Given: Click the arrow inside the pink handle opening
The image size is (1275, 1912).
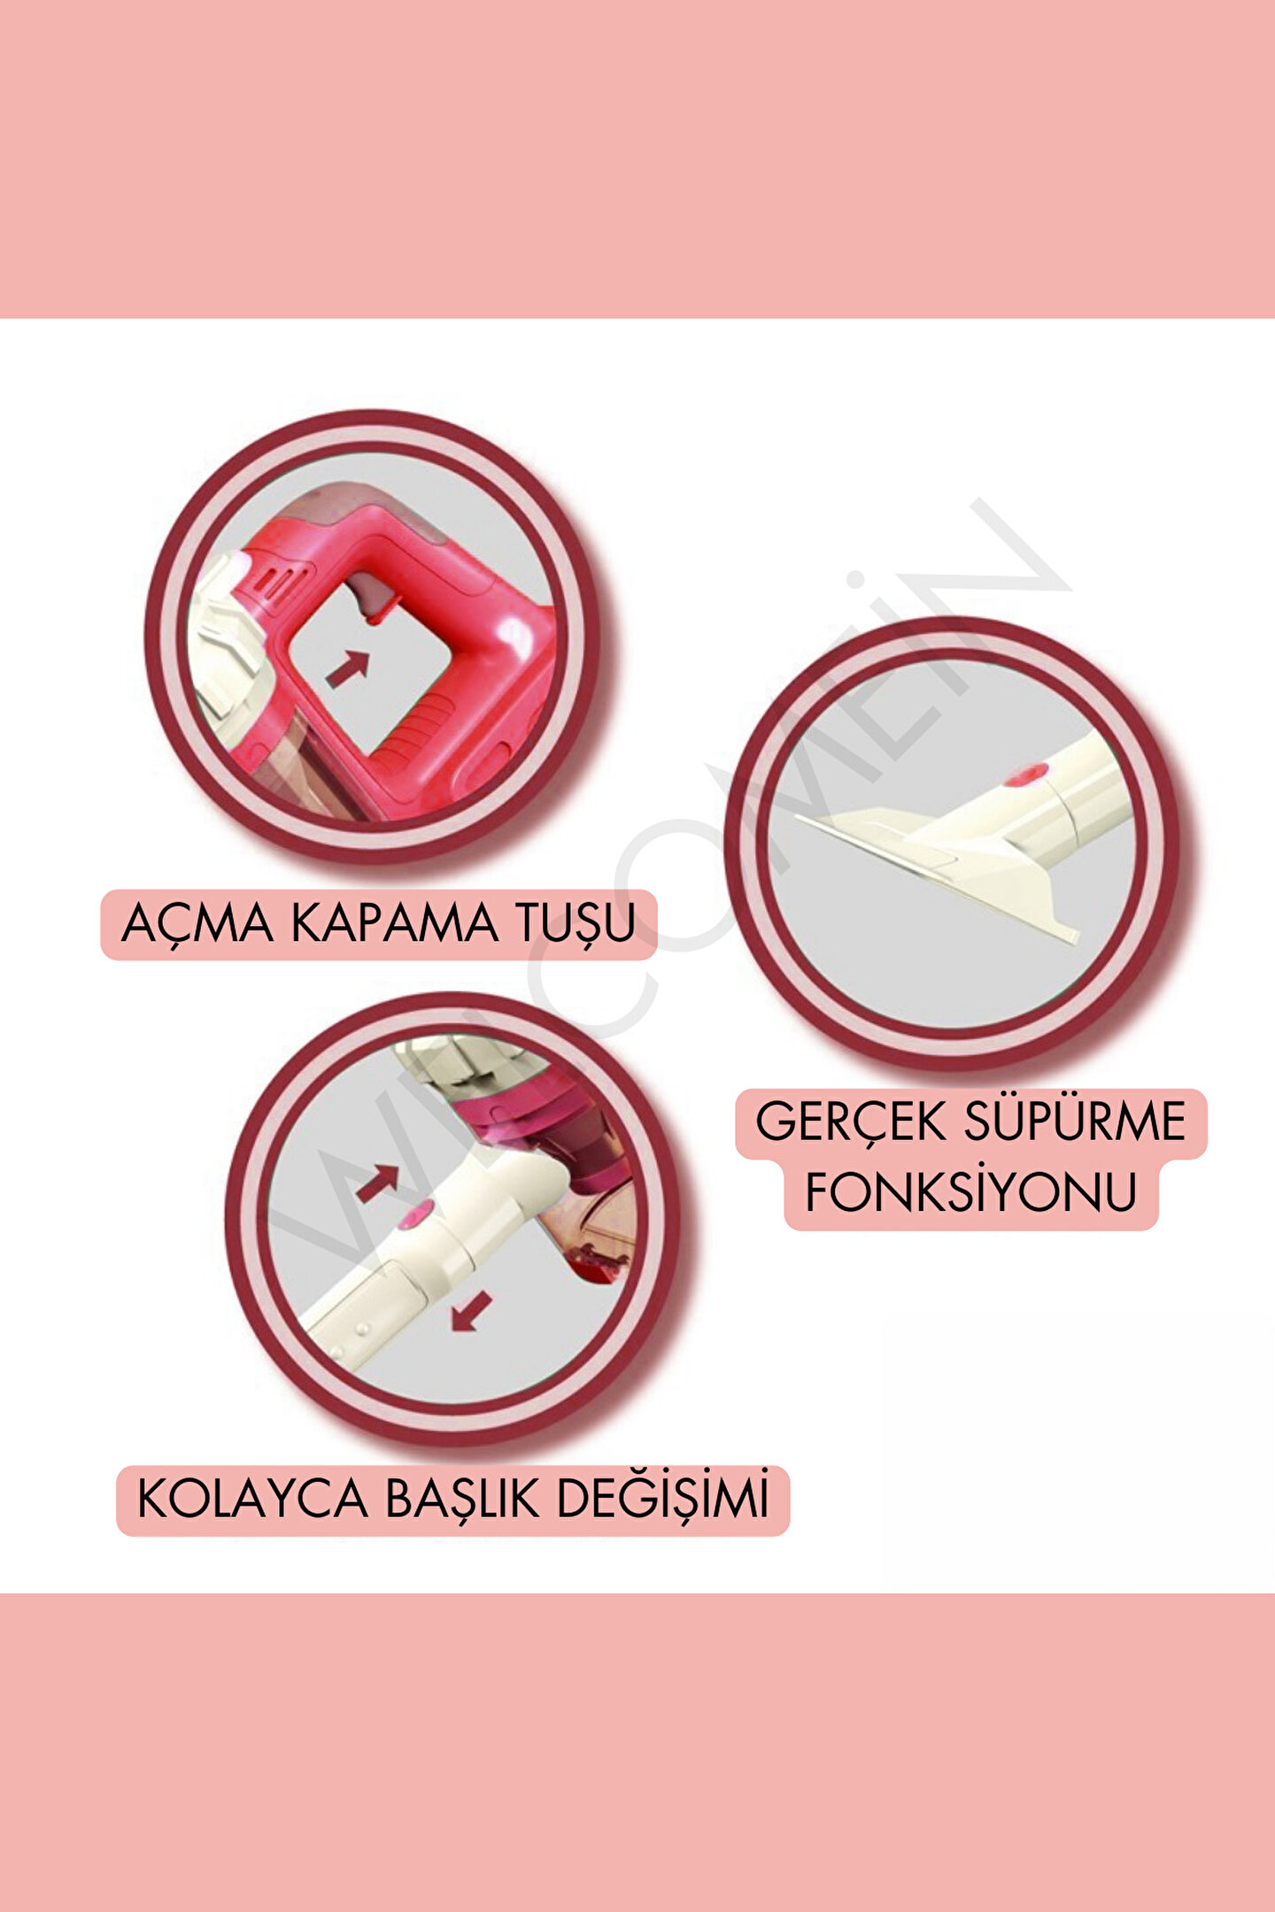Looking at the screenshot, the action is [x=347, y=669].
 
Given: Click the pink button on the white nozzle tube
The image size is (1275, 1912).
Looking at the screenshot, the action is [x=1025, y=776].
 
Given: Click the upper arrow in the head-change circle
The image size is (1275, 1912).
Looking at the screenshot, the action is [x=377, y=1183].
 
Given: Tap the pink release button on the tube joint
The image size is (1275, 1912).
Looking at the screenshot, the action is [x=414, y=1216].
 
